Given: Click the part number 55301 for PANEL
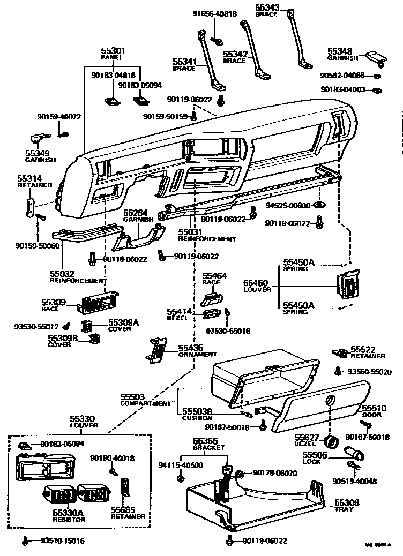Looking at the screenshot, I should coord(113,50).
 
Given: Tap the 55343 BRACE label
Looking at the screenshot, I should coord(267,7).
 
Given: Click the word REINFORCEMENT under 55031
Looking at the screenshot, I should coord(207,239).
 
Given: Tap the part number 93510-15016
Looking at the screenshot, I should coord(63,540).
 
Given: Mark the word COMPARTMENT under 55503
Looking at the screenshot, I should coord(146,403).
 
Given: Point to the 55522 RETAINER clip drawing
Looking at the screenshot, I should coord(339,352).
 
